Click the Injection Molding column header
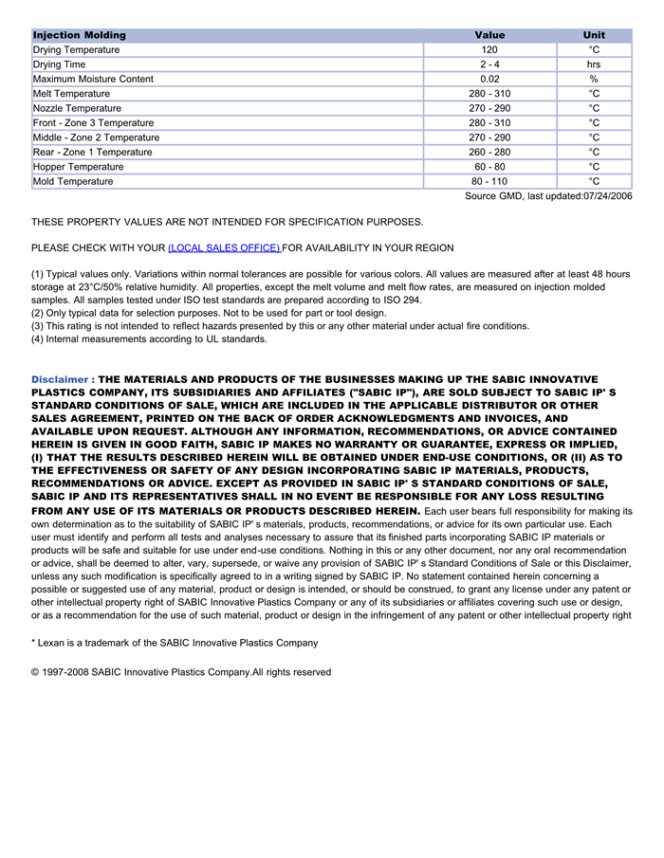80,35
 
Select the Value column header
489,35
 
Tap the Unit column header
594,35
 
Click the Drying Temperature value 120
489,49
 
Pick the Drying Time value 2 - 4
489,64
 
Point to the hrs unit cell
594,64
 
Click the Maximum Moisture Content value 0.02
489,79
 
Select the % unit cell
594,79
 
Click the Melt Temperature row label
71,94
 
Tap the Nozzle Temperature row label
77,108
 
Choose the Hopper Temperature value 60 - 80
489,167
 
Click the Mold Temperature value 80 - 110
489,181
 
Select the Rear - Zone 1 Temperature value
489,152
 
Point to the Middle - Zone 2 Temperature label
96,137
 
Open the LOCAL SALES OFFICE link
224,247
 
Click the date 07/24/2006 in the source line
606,196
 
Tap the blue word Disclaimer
60,379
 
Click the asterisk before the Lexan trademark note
33,643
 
